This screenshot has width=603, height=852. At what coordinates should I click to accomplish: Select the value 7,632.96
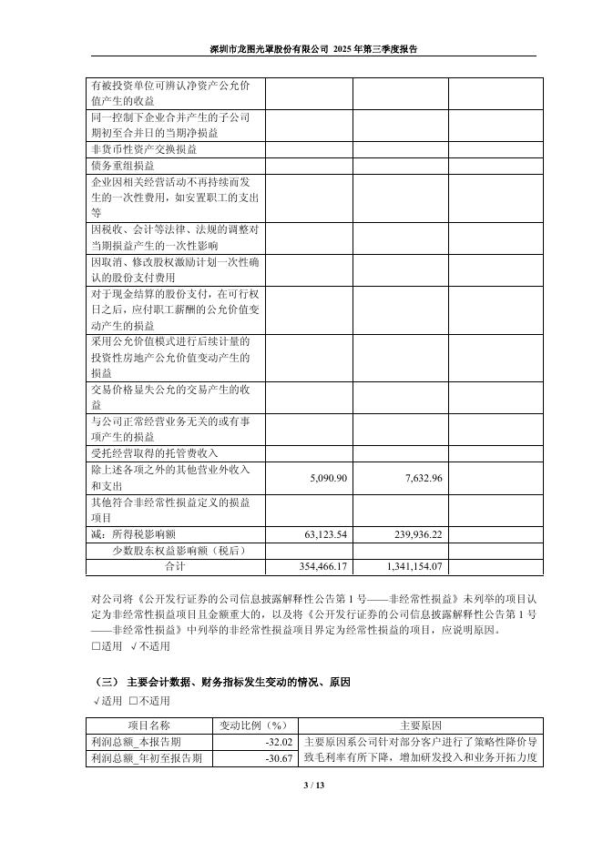point(420,479)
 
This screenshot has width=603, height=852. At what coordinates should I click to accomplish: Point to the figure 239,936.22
point(412,534)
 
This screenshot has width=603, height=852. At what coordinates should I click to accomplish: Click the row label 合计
point(175,566)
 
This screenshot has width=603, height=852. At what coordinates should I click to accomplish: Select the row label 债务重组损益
point(123,167)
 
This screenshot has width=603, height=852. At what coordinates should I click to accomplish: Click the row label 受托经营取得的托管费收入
point(155,453)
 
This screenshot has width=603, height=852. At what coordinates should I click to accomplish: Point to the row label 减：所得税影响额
point(138,534)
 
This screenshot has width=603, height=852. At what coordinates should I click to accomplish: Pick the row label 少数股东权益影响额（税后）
point(179,551)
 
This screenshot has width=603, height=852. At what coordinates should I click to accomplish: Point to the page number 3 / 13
point(301,786)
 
